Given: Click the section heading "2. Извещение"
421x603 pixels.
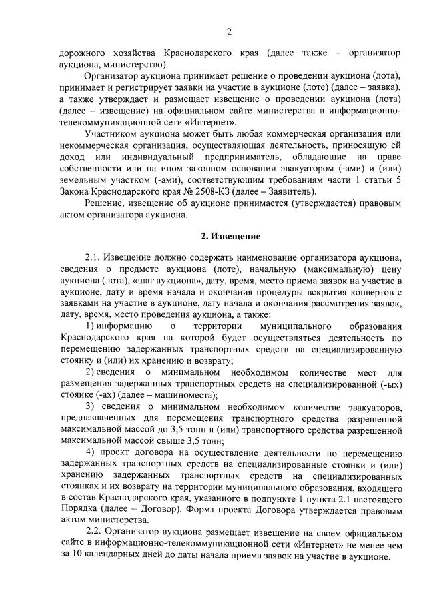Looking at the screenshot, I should [x=230, y=237].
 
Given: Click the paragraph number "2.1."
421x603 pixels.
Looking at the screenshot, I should [x=94, y=257].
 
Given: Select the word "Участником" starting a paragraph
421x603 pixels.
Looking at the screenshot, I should [x=112, y=133].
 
